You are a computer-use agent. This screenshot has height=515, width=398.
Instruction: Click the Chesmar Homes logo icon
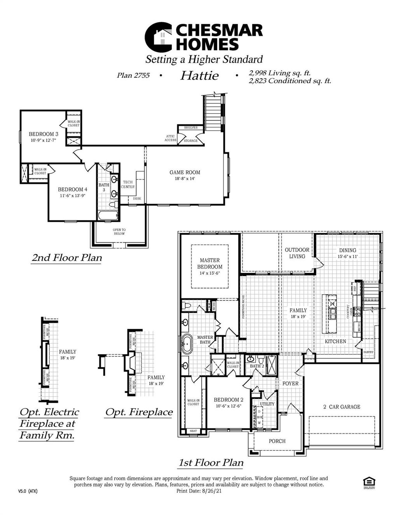click(x=159, y=37)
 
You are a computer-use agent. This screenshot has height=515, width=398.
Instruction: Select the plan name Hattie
click(x=199, y=75)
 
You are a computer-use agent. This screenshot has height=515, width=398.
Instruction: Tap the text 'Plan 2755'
click(x=133, y=75)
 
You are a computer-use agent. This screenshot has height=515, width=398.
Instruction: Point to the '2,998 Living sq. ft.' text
click(x=279, y=73)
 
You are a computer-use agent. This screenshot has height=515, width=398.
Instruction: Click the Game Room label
click(x=185, y=172)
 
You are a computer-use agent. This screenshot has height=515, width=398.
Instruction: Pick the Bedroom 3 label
click(x=44, y=134)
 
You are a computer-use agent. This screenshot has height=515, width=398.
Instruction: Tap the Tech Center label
click(x=128, y=184)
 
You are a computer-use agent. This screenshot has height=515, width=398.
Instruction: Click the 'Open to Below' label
click(x=119, y=232)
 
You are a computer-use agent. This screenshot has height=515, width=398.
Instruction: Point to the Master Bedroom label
click(x=210, y=263)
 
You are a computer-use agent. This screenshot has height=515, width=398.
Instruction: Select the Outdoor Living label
click(x=297, y=253)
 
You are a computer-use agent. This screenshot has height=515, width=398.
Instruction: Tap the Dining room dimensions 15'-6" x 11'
click(x=347, y=257)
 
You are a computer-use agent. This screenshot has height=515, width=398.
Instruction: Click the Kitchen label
click(x=335, y=341)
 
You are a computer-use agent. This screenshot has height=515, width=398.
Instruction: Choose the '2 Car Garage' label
click(x=342, y=407)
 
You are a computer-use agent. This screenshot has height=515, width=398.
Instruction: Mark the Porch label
click(x=277, y=441)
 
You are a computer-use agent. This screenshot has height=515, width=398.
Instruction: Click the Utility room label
click(x=267, y=404)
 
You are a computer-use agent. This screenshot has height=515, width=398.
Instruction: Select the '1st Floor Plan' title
click(x=211, y=463)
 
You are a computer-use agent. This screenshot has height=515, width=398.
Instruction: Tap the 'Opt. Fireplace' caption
click(x=139, y=412)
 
